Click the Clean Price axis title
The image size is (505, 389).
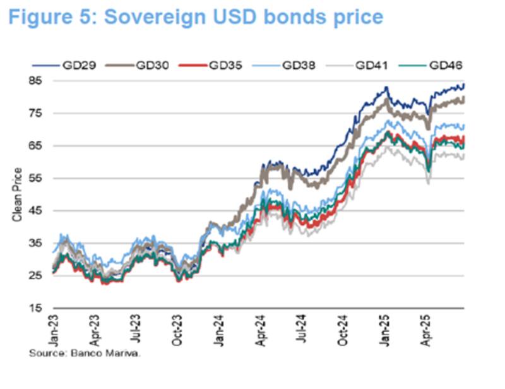coord(18,194)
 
